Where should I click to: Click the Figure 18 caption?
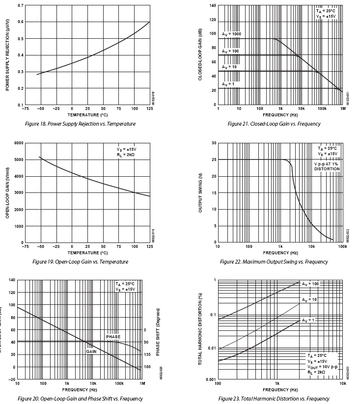(x=81, y=124)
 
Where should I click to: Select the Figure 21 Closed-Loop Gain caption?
(x=274, y=124)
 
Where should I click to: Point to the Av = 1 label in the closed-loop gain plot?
(x=228, y=84)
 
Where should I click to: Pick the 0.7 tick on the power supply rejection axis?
(x=20, y=5)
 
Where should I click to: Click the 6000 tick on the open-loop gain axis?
(x=18, y=143)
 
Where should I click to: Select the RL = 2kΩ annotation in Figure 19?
(x=126, y=154)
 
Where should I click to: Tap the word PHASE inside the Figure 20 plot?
(x=113, y=337)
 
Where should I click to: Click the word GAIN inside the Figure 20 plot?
(x=91, y=351)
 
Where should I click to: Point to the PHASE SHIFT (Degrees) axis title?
(x=158, y=332)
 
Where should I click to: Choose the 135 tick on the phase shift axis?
(x=146, y=354)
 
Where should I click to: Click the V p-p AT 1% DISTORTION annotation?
(x=327, y=166)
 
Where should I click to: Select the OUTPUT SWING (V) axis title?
(x=200, y=192)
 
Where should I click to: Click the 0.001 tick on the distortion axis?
(x=210, y=380)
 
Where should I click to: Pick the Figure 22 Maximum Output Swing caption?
(x=274, y=262)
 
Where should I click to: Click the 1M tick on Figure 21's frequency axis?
(x=343, y=109)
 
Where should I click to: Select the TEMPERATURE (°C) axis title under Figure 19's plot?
(x=87, y=253)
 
